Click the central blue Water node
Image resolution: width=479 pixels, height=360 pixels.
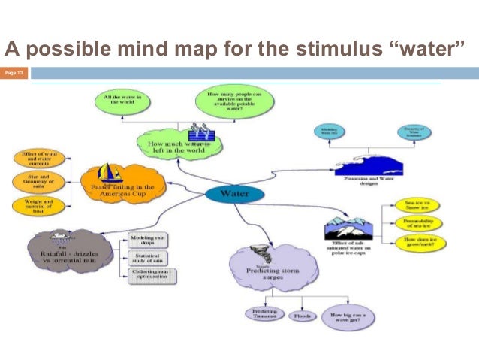click(233, 194)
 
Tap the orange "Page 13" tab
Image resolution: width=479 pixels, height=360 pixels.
click(14, 72)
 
